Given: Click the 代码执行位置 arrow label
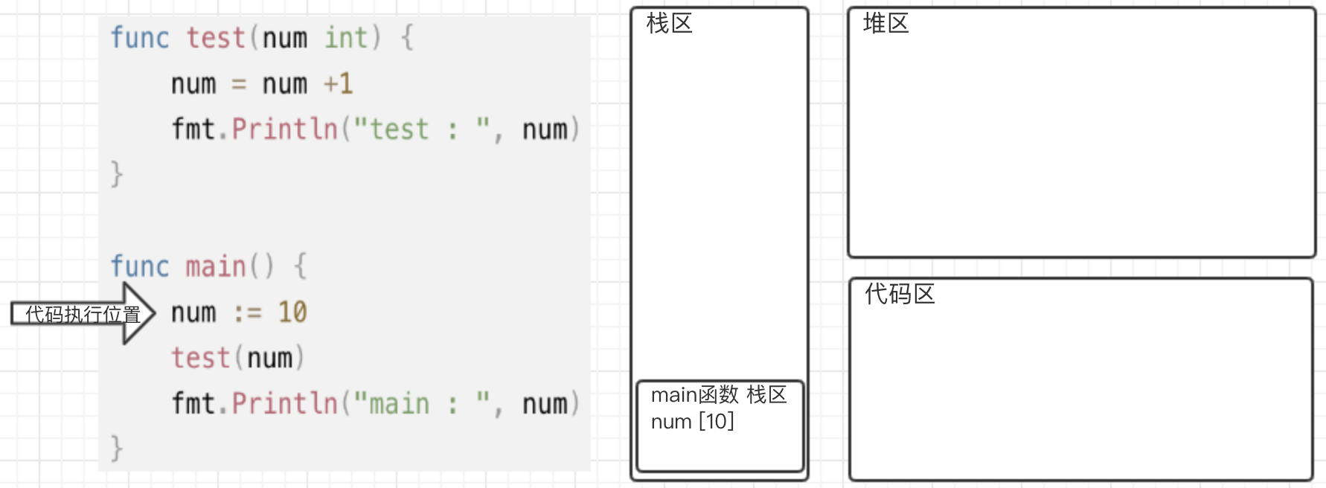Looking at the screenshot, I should click(82, 314).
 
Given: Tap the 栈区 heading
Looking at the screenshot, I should click(669, 24).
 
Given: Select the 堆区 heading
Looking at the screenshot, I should click(885, 24).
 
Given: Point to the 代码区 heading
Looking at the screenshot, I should click(899, 295).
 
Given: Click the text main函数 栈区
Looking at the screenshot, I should click(718, 394).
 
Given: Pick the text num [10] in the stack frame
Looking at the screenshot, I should click(692, 422).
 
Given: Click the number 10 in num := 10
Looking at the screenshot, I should click(292, 312).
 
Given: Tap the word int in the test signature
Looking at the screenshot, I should click(346, 37).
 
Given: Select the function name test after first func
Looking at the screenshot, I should click(215, 37).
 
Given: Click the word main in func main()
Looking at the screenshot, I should click(215, 266).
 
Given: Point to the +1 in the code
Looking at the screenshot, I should click(338, 83).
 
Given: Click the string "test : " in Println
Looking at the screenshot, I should click(421, 129).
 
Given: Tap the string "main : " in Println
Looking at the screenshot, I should click(421, 404).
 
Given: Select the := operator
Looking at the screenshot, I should click(247, 312).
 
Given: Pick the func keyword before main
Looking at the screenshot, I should click(139, 266).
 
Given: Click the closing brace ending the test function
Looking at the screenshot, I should click(116, 174).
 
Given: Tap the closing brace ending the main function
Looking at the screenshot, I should click(116, 449).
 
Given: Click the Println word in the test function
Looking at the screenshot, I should click(284, 129).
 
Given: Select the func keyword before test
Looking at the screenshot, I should click(139, 37).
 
